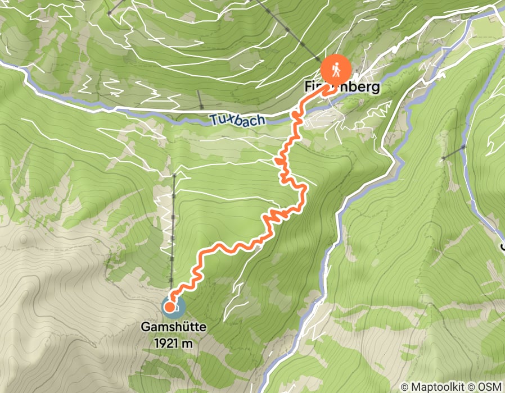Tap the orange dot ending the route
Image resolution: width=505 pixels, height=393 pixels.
pos(169,307)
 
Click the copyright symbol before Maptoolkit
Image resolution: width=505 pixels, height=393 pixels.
pos(405,387)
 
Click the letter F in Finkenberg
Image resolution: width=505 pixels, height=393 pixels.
pos(308,88)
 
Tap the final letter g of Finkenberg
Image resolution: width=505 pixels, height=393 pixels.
pos(376,89)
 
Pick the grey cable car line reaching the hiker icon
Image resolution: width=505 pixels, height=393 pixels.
pos(292,34)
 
